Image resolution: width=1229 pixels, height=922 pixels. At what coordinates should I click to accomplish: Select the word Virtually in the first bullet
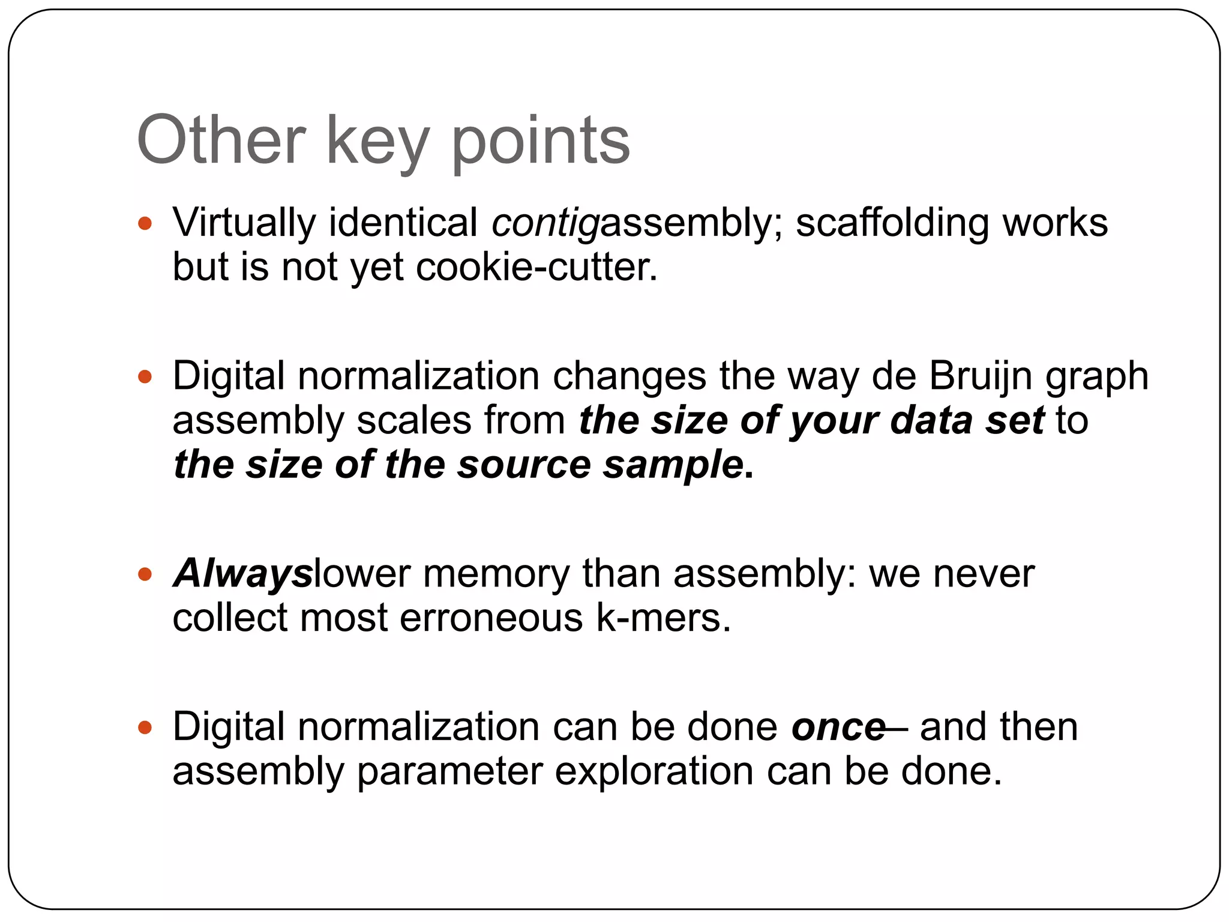244,223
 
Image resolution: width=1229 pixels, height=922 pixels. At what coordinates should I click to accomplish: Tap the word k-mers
663,618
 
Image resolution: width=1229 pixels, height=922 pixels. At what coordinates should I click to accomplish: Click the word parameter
449,772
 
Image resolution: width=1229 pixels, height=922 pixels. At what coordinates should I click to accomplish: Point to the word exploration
654,772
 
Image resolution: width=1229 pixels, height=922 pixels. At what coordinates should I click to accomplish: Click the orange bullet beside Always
145,574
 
